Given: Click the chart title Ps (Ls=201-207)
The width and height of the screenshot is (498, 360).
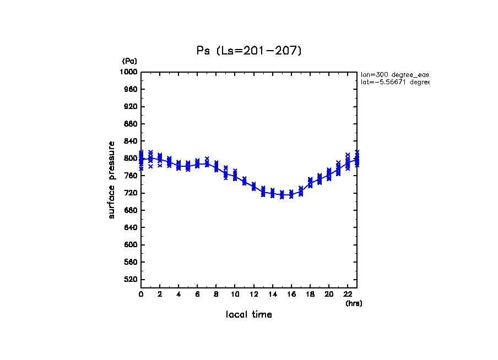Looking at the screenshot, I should [x=249, y=51].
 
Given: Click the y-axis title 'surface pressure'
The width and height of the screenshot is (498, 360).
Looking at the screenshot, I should [x=112, y=179].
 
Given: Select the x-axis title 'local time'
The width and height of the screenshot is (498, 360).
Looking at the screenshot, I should [x=249, y=315].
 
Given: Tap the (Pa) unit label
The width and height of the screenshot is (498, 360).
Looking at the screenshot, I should [x=129, y=61].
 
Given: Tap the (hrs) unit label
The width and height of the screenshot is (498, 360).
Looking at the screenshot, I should [x=354, y=303].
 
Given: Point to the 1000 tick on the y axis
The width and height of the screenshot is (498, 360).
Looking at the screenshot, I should [x=130, y=72].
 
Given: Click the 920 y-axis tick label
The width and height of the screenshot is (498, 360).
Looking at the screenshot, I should [x=131, y=106].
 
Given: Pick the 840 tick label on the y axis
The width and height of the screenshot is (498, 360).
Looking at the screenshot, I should [x=131, y=141].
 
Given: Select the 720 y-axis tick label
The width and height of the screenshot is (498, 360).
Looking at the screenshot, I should [x=131, y=193].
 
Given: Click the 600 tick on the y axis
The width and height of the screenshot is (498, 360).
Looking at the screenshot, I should [x=131, y=245].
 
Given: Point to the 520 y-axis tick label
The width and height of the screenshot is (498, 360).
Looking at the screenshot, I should [x=131, y=280].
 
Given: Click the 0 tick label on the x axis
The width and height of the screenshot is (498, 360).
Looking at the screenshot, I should [x=141, y=294].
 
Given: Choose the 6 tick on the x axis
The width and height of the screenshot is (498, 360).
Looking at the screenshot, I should [x=197, y=294].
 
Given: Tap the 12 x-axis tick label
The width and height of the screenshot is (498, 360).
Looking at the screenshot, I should [x=253, y=294].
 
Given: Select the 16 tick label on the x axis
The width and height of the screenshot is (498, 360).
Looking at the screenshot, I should [x=291, y=294].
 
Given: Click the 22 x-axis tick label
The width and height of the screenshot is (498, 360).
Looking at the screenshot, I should [x=348, y=294].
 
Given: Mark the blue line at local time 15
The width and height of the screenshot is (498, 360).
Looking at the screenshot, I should [x=282, y=195].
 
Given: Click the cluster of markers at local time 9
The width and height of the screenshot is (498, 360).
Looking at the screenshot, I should [x=226, y=173].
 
